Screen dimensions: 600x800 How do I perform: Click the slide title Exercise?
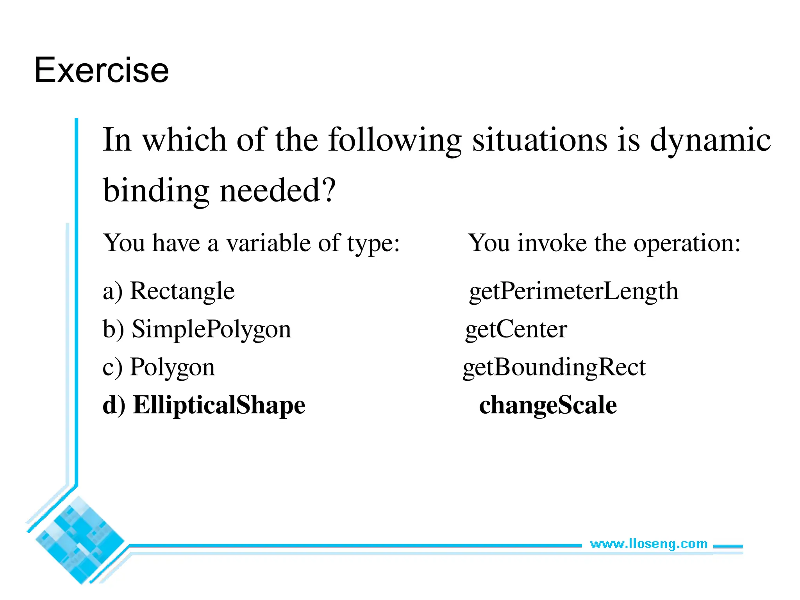102,70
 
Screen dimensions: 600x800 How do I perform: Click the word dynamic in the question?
710,140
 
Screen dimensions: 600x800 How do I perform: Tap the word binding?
156,191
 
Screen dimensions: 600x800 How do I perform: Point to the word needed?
277,191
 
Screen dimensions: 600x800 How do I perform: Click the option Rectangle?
182,291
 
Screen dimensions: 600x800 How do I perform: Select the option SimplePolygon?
211,329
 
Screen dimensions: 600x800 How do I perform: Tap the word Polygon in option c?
172,367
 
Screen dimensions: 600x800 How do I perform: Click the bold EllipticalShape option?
219,405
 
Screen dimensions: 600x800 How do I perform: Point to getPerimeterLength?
573,291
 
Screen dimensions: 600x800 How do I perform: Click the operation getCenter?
516,329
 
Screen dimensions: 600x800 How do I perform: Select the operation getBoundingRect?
554,368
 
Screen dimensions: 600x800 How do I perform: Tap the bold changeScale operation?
548,405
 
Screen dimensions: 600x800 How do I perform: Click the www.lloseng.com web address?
648,544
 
